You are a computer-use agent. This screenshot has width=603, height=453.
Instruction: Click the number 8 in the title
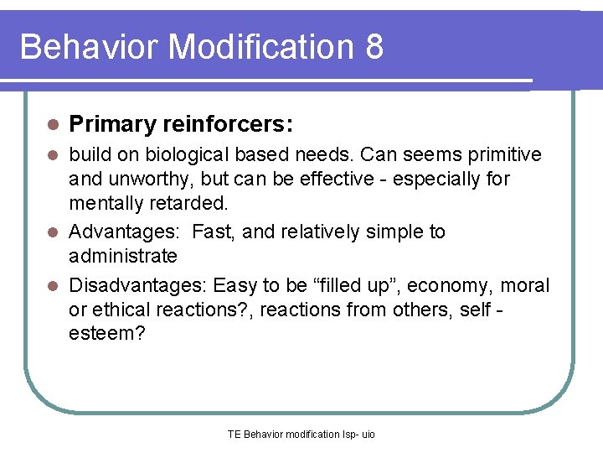pos(374,47)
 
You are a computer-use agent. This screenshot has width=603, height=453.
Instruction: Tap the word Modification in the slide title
pos(262,47)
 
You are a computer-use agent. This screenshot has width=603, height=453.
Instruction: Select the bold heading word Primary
pos(113,125)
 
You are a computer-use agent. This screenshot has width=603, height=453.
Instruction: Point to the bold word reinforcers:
pos(228,125)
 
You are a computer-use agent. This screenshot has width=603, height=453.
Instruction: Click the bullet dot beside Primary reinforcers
pos(53,125)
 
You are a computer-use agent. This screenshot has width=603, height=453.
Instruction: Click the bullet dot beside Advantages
pos(53,232)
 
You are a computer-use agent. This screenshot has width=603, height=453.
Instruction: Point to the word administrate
pos(123,255)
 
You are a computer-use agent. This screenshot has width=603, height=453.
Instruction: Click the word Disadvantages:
pos(138,285)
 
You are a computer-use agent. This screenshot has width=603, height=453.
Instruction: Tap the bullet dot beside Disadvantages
pos(53,285)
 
